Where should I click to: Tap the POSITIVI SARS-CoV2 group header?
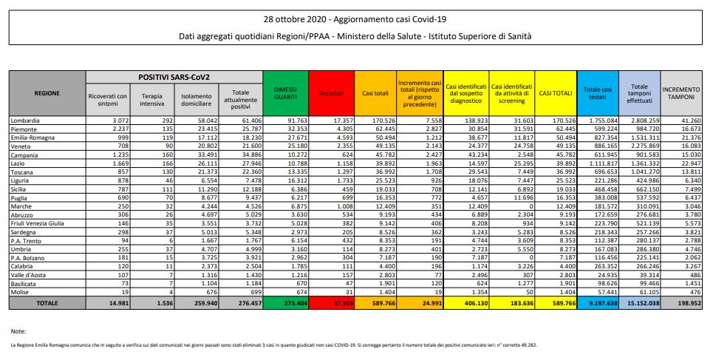[174, 77]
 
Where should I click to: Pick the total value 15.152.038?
[639, 302]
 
